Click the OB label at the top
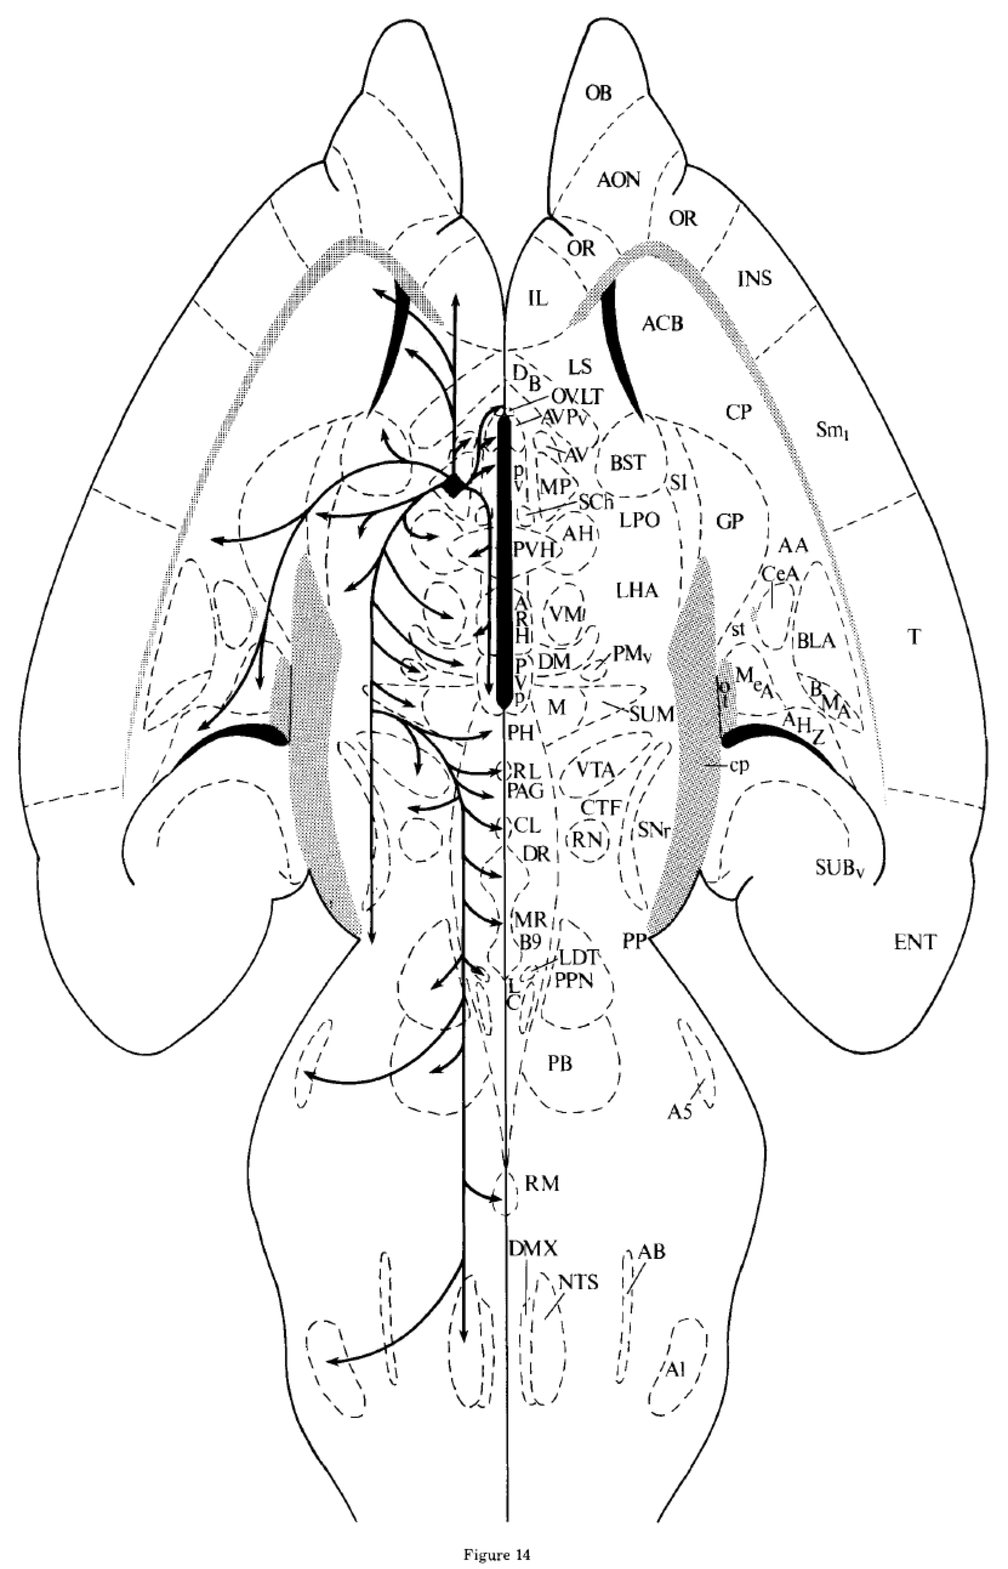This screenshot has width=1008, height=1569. (598, 93)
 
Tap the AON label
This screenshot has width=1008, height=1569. (619, 180)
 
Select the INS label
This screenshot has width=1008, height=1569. (754, 279)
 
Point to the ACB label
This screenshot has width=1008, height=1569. (662, 323)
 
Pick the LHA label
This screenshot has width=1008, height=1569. (637, 591)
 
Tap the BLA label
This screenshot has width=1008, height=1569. (816, 640)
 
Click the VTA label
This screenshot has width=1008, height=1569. (596, 770)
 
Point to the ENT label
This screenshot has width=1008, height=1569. (915, 943)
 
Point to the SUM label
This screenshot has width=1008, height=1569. (652, 714)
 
